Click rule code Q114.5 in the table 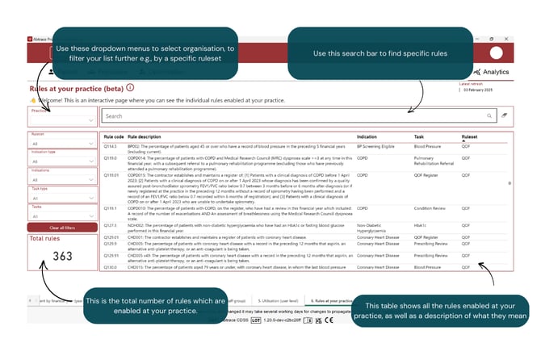point(113,147)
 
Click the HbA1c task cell point(421,224)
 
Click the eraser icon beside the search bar point(504,116)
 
